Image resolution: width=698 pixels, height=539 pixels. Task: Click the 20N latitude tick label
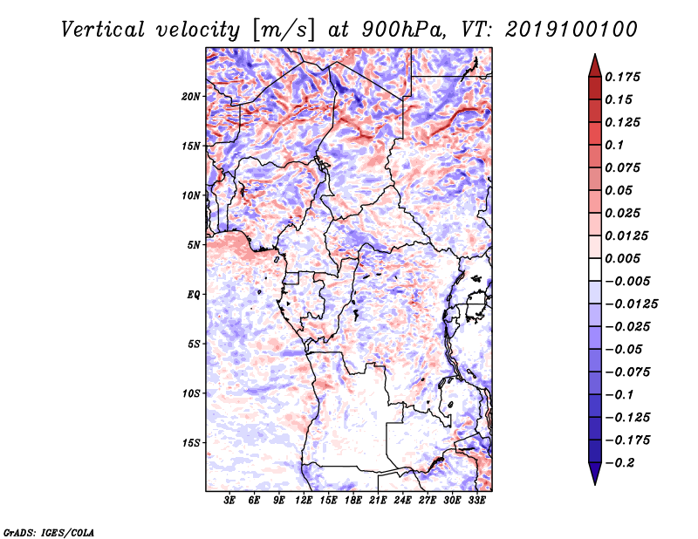pyautogui.click(x=191, y=96)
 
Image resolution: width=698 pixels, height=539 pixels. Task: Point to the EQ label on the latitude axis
pyautogui.click(x=194, y=295)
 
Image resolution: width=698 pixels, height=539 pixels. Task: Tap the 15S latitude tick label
pyautogui.click(x=191, y=443)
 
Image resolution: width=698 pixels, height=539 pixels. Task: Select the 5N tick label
pyautogui.click(x=194, y=245)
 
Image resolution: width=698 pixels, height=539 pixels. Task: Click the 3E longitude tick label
pyautogui.click(x=229, y=501)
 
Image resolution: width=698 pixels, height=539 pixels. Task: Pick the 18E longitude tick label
pyautogui.click(x=352, y=501)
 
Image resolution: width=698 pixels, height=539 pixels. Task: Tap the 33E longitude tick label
pyautogui.click(x=476, y=501)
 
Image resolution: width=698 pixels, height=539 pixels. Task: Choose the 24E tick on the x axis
pyautogui.click(x=402, y=501)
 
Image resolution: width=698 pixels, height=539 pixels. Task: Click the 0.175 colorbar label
pyautogui.click(x=622, y=77)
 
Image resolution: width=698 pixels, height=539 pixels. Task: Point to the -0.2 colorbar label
pyautogui.click(x=619, y=463)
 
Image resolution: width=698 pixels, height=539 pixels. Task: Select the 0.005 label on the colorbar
pyautogui.click(x=622, y=258)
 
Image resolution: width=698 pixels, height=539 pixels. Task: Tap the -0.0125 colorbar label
pyautogui.click(x=631, y=304)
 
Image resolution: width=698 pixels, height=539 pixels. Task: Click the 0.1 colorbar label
pyautogui.click(x=614, y=145)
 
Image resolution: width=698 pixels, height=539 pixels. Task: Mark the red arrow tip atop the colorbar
pyautogui.click(x=595, y=54)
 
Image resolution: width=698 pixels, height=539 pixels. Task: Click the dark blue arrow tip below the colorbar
pyautogui.click(x=595, y=484)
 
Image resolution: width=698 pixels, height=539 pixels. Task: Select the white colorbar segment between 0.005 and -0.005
pyautogui.click(x=595, y=269)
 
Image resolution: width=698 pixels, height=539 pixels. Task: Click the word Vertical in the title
pyautogui.click(x=103, y=30)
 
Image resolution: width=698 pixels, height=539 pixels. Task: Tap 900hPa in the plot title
pyautogui.click(x=403, y=30)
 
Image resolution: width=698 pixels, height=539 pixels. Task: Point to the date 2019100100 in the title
pyautogui.click(x=571, y=30)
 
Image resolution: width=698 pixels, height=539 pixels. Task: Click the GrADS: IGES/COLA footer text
pyautogui.click(x=49, y=532)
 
